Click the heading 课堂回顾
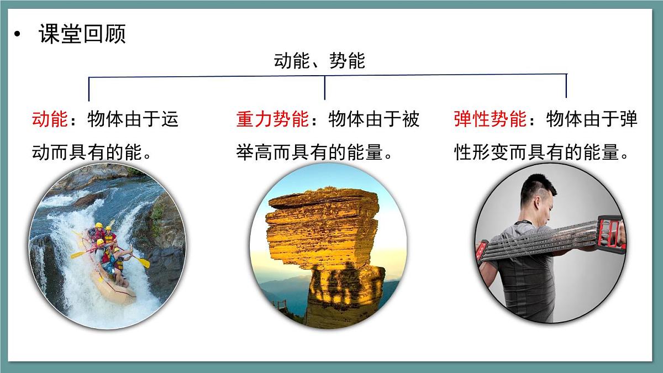coord(82,34)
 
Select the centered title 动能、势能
coord(319,61)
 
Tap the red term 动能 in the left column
coord(50,119)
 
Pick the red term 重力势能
coord(272,119)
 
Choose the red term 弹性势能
coord(490,119)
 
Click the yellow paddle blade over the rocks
coord(144,262)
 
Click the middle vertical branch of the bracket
coord(325,87)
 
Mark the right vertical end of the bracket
coord(566,86)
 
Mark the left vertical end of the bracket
coord(89,88)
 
